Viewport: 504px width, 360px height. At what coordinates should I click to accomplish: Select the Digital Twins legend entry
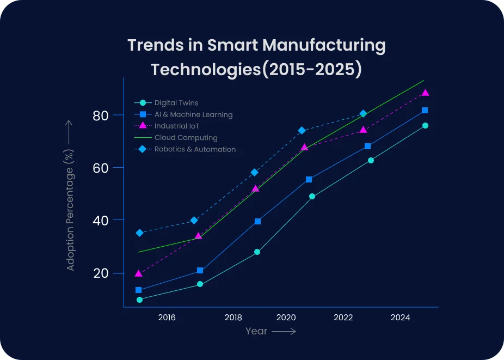point(176,103)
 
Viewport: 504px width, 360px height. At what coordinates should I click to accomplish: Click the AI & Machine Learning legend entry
point(193,115)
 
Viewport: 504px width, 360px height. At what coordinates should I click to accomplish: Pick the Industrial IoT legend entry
point(177,126)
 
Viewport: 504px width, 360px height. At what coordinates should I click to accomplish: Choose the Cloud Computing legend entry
point(186,138)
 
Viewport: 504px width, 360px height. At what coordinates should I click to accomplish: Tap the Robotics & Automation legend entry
point(195,149)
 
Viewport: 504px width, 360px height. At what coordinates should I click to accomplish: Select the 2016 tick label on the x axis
point(167,318)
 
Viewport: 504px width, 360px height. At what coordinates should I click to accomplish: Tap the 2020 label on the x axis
point(286,318)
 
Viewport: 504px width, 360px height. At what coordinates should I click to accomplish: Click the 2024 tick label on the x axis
point(401,318)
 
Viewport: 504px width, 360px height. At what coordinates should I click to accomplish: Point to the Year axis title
point(256,331)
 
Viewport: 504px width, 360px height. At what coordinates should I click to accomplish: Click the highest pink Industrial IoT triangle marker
point(425,93)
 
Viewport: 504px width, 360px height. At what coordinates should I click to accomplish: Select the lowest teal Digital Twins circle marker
point(139,300)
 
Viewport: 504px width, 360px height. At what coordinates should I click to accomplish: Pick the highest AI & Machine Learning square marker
point(425,111)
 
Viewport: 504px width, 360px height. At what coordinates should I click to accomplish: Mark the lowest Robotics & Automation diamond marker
point(139,233)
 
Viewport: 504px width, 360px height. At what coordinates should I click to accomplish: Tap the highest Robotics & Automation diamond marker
point(363,114)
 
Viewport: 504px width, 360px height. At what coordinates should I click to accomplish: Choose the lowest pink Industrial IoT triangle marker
point(138,273)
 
